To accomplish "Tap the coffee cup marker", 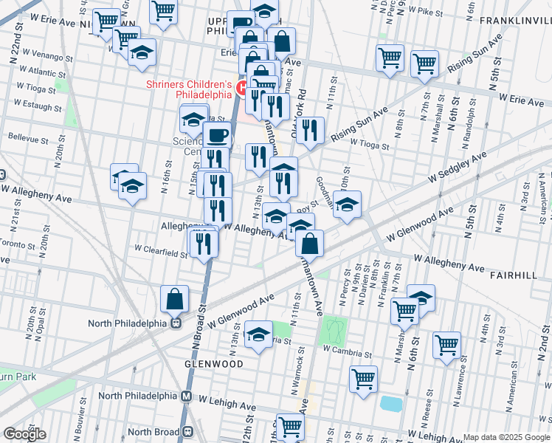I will point(217,135).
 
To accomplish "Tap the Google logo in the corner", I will point(24,433).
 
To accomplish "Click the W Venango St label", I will point(46,56).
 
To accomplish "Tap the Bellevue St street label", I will point(29,137).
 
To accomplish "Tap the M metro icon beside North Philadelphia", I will point(187,396).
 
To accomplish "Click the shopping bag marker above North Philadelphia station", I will point(175,299).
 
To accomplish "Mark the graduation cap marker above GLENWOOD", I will point(258,334).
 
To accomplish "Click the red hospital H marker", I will point(241,87).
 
